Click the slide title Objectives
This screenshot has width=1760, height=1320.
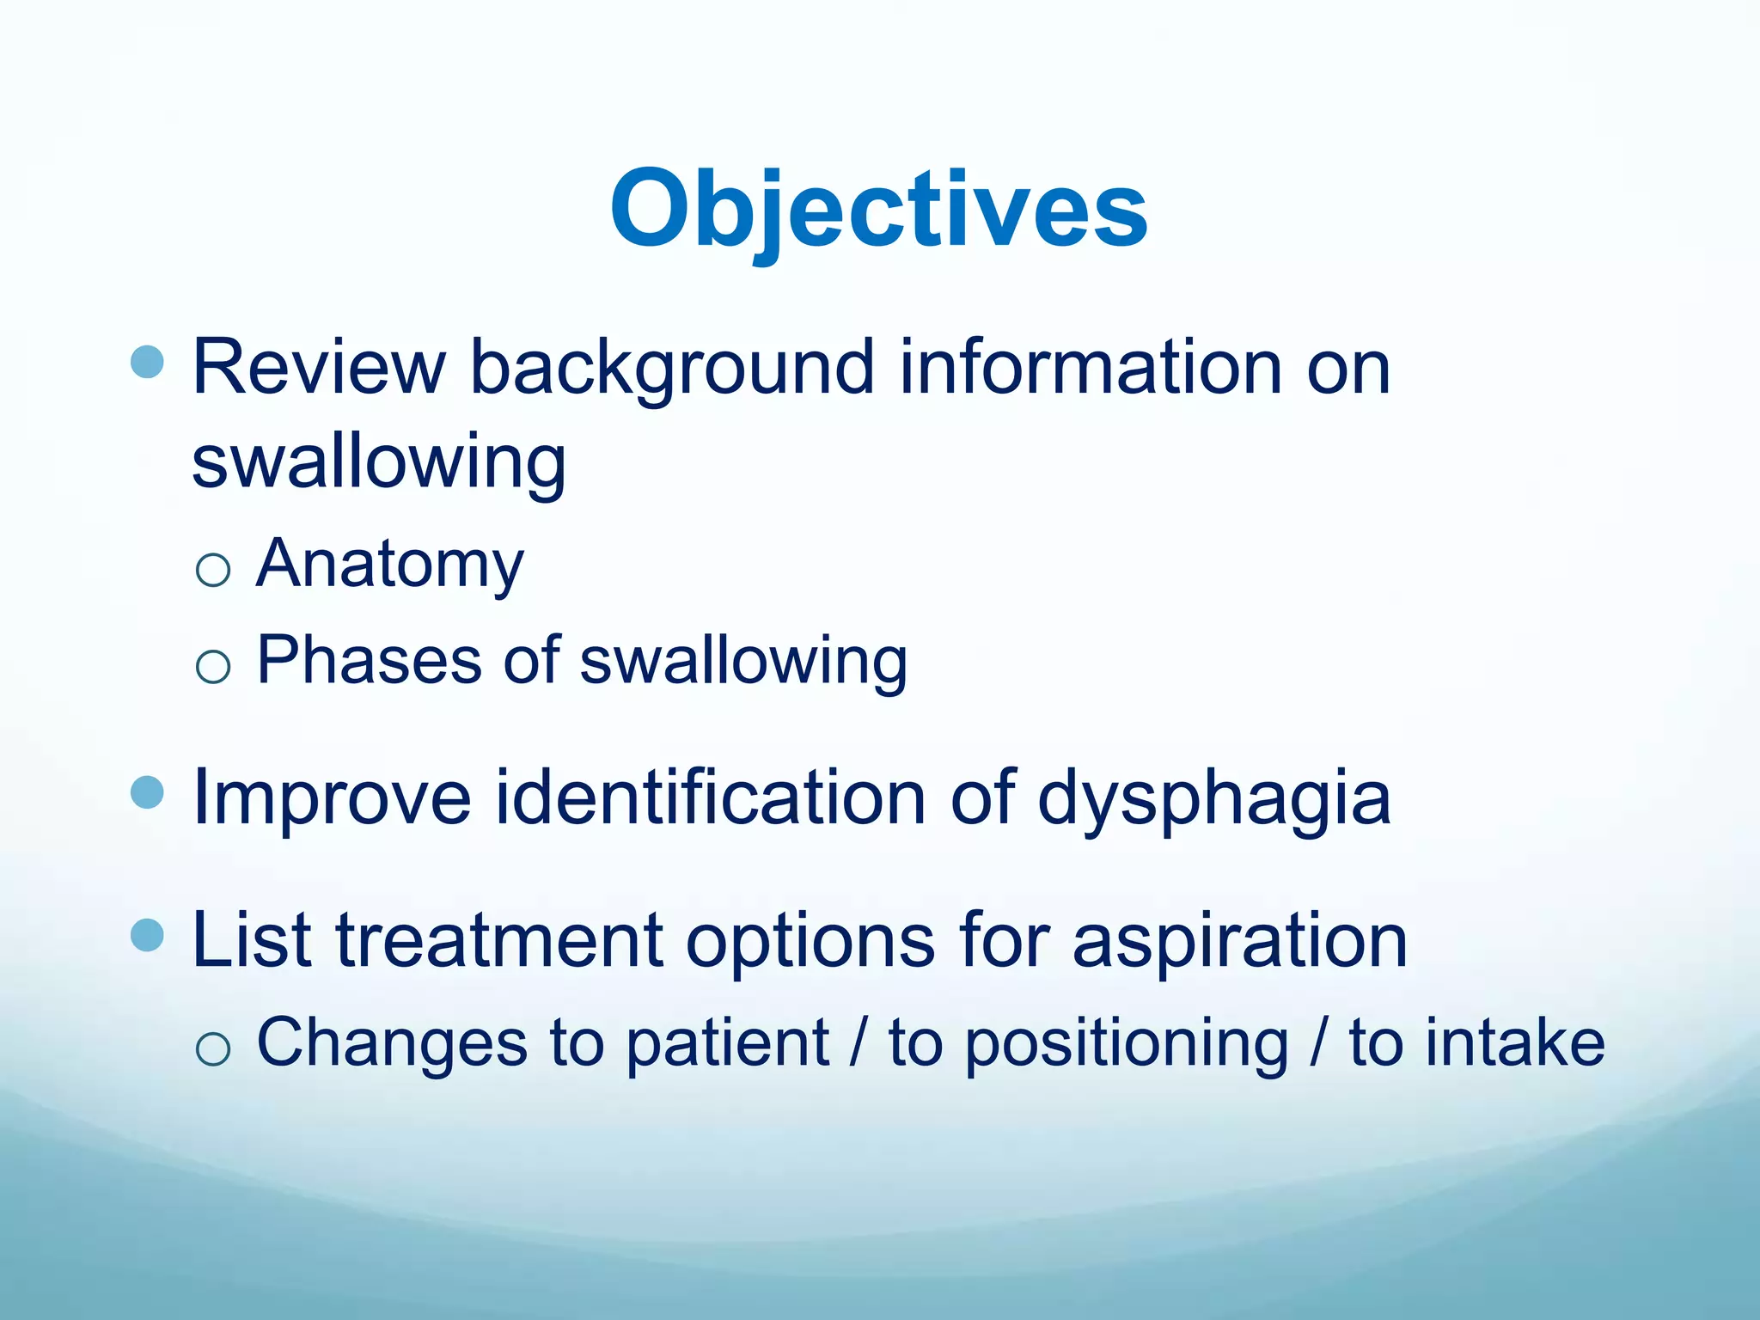[x=878, y=209]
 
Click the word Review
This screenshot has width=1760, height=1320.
[x=318, y=368]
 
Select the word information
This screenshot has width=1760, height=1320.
[x=1091, y=368]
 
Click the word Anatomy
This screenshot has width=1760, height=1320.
[x=389, y=565]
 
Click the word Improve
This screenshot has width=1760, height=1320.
[x=332, y=798]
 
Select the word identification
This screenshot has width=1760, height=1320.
[x=711, y=798]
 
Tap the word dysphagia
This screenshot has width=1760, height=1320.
[x=1213, y=798]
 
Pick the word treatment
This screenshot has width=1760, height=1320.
[x=498, y=940]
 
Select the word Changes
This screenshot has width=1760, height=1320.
[x=392, y=1042]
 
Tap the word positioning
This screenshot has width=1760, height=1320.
[x=1127, y=1042]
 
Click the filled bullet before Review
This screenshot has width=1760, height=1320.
[x=147, y=362]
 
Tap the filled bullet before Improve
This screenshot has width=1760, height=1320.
[x=147, y=792]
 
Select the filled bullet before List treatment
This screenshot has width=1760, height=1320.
[x=147, y=934]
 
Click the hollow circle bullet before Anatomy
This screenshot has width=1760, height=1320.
[x=213, y=570]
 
